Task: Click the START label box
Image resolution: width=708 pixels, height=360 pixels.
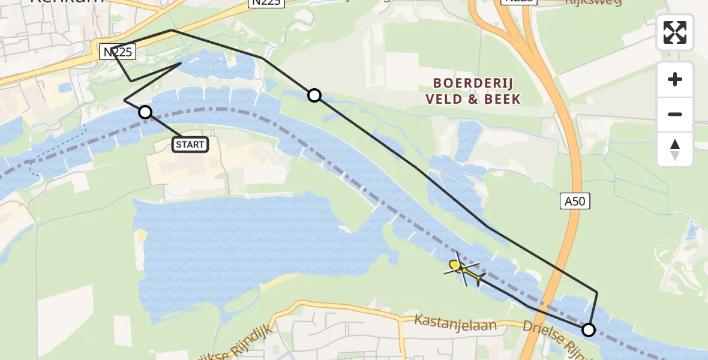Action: tap(191, 144)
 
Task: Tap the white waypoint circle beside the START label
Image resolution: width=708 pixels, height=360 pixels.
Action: tap(145, 112)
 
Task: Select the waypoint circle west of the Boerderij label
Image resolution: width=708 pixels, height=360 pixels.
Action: tap(314, 95)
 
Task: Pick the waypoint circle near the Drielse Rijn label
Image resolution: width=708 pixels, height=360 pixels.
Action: tap(589, 329)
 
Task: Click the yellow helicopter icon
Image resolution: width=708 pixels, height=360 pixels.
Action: tap(463, 269)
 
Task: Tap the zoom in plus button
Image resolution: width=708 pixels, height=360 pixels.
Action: tap(675, 79)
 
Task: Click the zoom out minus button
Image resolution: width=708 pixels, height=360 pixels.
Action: tap(675, 114)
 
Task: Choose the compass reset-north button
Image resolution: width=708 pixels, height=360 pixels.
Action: tap(675, 149)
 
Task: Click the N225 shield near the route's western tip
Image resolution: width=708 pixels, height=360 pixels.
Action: tap(118, 52)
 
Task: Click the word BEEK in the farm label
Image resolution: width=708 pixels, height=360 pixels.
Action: tap(502, 99)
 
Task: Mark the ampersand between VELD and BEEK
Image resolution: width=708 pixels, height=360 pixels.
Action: tap(473, 99)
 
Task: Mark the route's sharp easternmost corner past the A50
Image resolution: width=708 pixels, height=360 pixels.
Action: tap(597, 292)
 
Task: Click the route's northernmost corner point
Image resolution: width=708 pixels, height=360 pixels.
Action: tap(171, 29)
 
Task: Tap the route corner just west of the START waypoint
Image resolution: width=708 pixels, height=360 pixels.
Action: tap(124, 100)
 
